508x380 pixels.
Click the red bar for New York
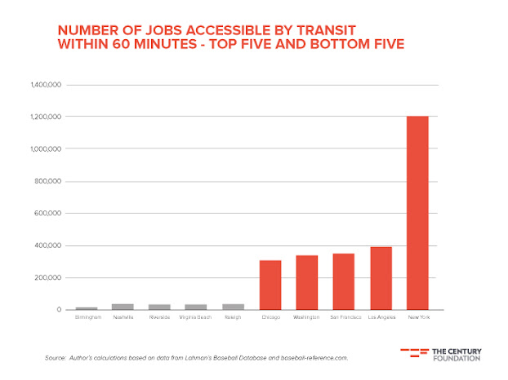(417, 213)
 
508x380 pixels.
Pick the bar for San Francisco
(344, 281)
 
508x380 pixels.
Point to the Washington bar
(307, 282)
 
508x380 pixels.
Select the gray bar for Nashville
(123, 307)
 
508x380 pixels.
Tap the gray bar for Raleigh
(233, 307)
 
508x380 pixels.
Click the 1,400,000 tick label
(46, 85)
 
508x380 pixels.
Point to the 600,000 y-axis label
(49, 214)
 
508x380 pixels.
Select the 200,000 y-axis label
(49, 278)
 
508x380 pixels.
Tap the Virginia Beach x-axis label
(196, 317)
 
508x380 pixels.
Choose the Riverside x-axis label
(159, 317)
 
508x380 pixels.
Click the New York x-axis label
(417, 317)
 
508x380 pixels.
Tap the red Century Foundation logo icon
(413, 353)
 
